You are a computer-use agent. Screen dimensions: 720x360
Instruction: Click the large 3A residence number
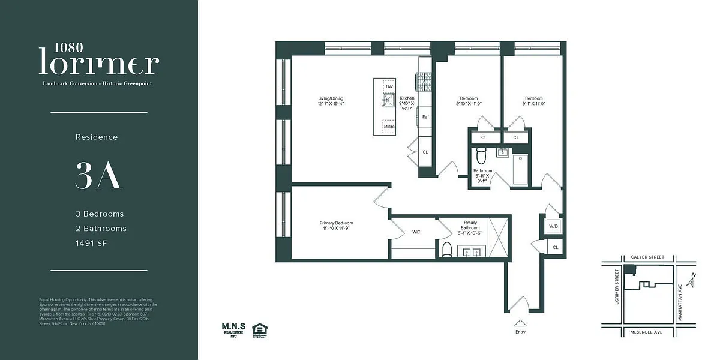tap(99, 175)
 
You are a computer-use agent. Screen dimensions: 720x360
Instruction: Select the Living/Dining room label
tap(331, 101)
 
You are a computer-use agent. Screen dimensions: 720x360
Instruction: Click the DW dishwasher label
tap(389, 87)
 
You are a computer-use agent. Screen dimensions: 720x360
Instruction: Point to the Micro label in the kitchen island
tap(389, 127)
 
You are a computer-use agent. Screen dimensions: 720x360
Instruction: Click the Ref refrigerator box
tap(425, 117)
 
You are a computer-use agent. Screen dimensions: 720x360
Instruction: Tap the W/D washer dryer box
tap(553, 226)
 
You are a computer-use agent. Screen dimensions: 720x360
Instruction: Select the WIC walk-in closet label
tap(416, 232)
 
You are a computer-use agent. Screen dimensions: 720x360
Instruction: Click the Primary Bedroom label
tap(336, 226)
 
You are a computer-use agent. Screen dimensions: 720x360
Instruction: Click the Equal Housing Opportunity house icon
tap(260, 329)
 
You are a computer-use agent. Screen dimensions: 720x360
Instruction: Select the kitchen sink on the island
tap(389, 101)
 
